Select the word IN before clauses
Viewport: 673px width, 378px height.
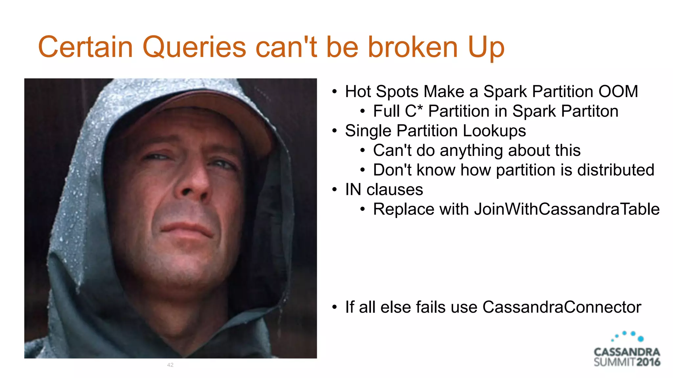[353, 190]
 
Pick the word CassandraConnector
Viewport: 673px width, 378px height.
[562, 307]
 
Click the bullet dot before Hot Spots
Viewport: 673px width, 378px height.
[335, 92]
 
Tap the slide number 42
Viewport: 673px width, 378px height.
[170, 365]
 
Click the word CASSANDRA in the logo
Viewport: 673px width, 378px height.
[627, 352]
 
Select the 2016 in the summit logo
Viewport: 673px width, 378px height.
[648, 362]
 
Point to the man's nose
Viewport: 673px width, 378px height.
[192, 184]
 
